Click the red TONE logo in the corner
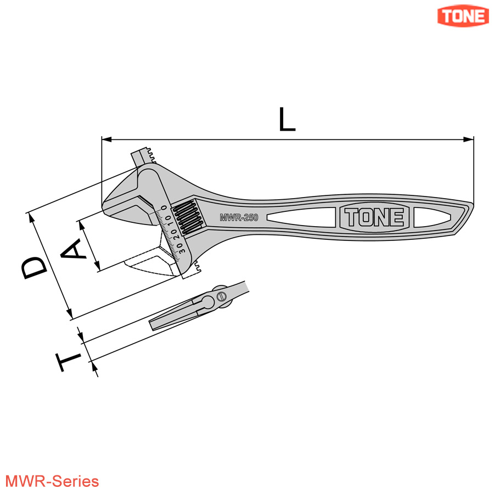pyautogui.click(x=463, y=16)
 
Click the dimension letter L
pyautogui.click(x=287, y=120)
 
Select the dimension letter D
pyautogui.click(x=34, y=268)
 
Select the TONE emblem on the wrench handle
pyautogui.click(x=375, y=218)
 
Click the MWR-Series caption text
pyautogui.click(x=50, y=481)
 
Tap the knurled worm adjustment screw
pyautogui.click(x=187, y=218)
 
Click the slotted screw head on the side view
pyautogui.click(x=221, y=296)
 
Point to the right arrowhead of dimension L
pyautogui.click(x=470, y=139)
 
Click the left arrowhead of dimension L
pyautogui.click(x=105, y=139)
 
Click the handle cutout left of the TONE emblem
pyautogui.click(x=305, y=217)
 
